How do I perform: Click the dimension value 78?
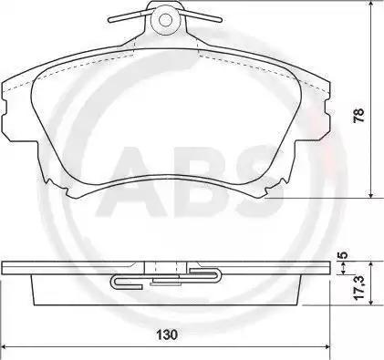(x=358, y=115)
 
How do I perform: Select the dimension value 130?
(x=166, y=334)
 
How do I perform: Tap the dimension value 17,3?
(x=359, y=288)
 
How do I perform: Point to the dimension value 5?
(x=343, y=254)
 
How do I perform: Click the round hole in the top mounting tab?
(x=165, y=20)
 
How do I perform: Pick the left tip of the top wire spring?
(x=110, y=20)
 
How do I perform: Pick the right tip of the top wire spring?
(x=220, y=20)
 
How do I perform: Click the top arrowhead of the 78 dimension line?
(x=370, y=4)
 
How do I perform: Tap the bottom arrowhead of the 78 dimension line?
(x=370, y=194)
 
